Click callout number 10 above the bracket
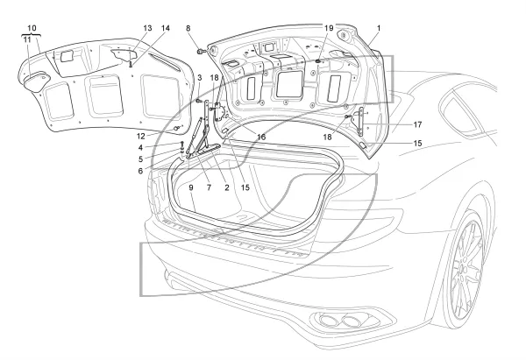click(x=32, y=28)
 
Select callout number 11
click(x=27, y=39)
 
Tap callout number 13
click(x=147, y=28)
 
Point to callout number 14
click(x=166, y=28)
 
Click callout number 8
click(x=188, y=28)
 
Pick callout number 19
click(x=329, y=28)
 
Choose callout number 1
click(x=379, y=28)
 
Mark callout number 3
click(x=200, y=78)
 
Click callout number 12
click(x=141, y=136)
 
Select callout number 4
click(x=140, y=147)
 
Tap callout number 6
click(x=140, y=171)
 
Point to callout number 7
click(x=209, y=187)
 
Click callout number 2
click(x=227, y=187)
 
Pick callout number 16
click(x=261, y=137)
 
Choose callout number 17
click(x=417, y=124)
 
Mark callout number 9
click(x=191, y=187)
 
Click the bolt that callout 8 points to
click(x=201, y=52)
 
